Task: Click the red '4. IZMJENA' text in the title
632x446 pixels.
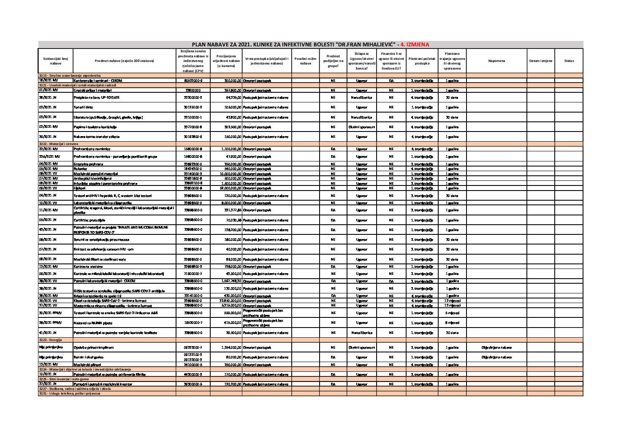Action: tap(415, 44)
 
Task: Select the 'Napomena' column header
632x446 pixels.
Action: tap(496, 61)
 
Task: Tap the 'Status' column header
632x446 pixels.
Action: tap(569, 61)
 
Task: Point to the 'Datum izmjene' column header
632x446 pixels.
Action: tap(540, 61)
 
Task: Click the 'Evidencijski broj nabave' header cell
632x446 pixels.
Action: tap(55, 61)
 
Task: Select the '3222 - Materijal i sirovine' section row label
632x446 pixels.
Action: tap(59, 144)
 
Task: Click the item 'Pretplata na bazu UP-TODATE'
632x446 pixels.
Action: tap(97, 97)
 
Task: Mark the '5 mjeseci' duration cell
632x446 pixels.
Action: tap(452, 313)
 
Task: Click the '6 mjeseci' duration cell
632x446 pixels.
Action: tap(452, 322)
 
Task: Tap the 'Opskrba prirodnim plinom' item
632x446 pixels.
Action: tap(93, 348)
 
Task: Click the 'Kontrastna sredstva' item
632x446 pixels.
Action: tap(88, 266)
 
